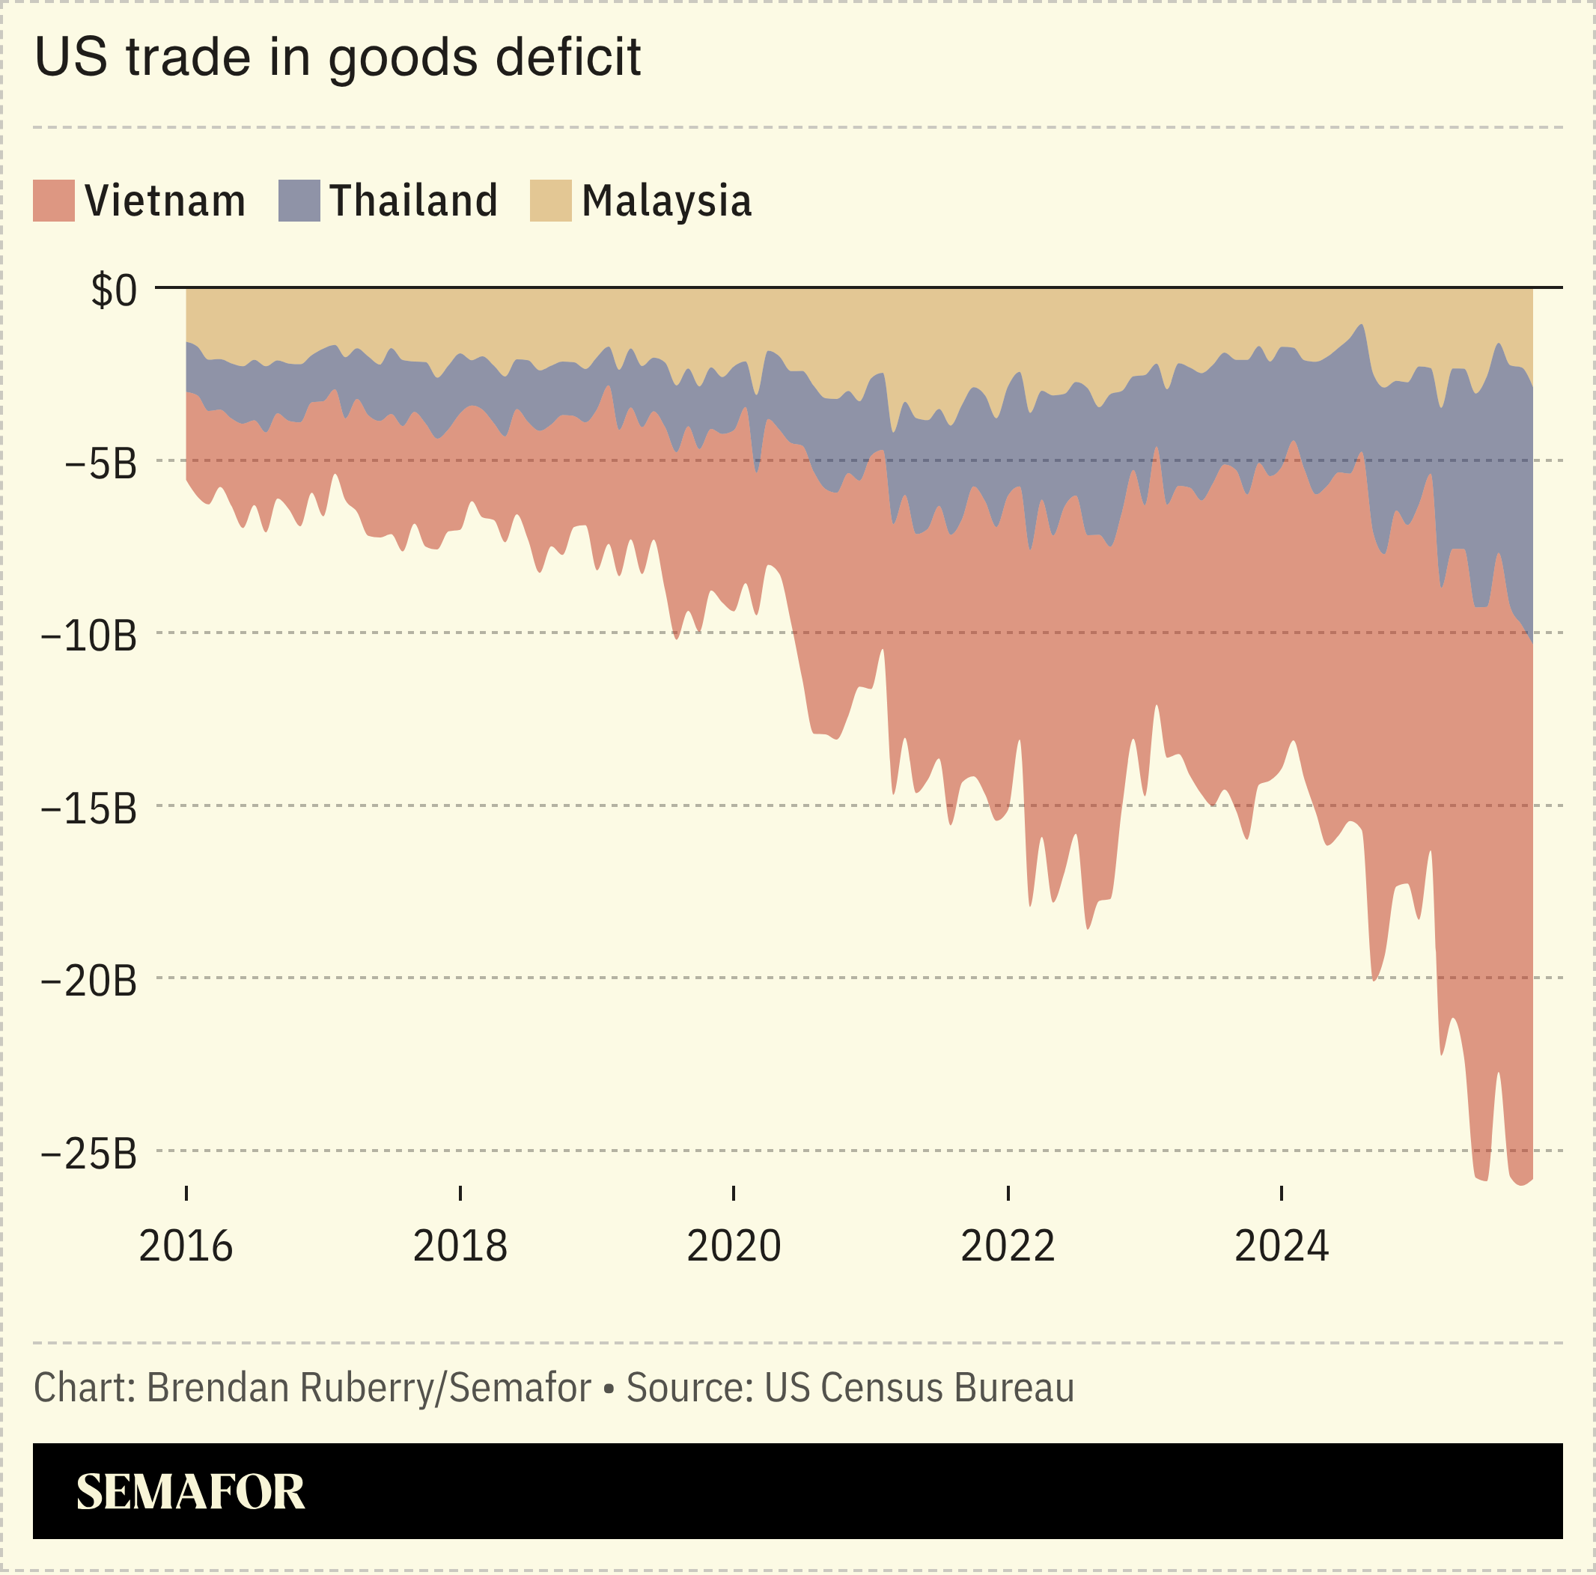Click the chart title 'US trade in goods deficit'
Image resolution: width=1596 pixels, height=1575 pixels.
pyautogui.click(x=337, y=58)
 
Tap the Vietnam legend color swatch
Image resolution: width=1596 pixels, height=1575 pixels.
pyautogui.click(x=54, y=201)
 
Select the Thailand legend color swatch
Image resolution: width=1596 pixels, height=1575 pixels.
pyautogui.click(x=299, y=201)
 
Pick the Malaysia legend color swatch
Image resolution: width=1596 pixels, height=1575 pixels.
pyautogui.click(x=550, y=201)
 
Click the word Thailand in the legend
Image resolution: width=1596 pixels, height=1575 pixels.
pyautogui.click(x=413, y=201)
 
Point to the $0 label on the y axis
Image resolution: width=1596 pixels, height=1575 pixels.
pyautogui.click(x=114, y=290)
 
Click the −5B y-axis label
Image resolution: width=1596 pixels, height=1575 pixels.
pyautogui.click(x=100, y=464)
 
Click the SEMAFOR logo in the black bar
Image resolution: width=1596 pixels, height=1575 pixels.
pyautogui.click(x=190, y=1492)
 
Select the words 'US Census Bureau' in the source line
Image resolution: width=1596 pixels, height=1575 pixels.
pyautogui.click(x=919, y=1388)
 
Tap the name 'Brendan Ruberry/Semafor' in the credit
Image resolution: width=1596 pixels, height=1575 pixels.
pyautogui.click(x=368, y=1388)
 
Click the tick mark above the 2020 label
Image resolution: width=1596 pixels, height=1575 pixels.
pyautogui.click(x=734, y=1192)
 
